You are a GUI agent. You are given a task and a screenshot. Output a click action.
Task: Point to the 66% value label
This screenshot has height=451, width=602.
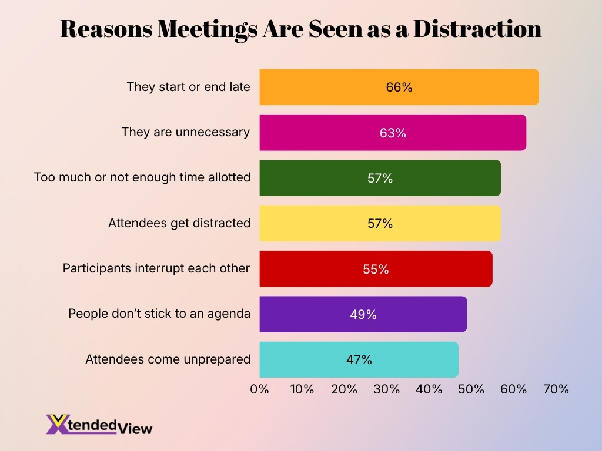tap(399, 87)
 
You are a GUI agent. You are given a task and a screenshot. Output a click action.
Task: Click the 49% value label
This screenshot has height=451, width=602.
tap(363, 315)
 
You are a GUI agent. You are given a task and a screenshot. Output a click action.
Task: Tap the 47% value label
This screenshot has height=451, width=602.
tap(359, 360)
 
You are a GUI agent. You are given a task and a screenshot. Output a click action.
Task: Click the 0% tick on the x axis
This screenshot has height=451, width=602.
tap(259, 389)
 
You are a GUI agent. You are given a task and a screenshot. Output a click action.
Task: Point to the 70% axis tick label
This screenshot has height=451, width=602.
tap(556, 389)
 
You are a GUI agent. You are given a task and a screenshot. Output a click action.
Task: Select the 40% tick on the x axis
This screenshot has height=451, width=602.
tap(429, 389)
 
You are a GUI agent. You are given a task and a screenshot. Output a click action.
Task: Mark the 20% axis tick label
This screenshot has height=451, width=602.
tap(344, 389)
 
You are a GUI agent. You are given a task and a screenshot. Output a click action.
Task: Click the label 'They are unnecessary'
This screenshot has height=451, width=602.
tap(186, 132)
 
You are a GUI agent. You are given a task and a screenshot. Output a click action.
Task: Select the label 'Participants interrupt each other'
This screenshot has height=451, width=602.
tap(156, 268)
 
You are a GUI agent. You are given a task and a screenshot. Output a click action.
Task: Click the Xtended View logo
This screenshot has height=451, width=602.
tap(99, 425)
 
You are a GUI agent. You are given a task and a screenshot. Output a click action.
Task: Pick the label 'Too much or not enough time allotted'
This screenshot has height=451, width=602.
tap(142, 177)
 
